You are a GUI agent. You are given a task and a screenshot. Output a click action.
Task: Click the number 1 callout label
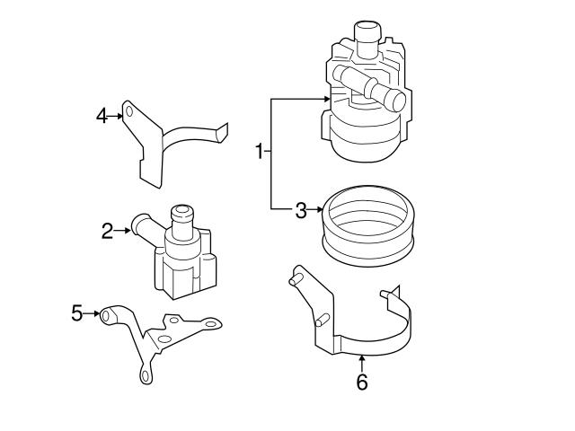tap(260, 152)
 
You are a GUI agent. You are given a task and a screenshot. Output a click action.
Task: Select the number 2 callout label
tap(107, 232)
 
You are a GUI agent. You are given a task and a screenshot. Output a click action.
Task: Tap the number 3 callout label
tap(301, 211)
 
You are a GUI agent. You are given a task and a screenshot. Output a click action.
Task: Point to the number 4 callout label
tap(102, 115)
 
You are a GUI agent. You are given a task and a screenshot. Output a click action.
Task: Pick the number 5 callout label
tap(76, 313)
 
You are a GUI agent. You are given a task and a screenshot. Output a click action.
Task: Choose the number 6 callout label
tap(362, 383)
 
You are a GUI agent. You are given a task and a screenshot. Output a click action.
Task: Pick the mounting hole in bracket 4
tap(129, 112)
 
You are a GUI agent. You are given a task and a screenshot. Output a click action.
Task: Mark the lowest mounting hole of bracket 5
tap(143, 377)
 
